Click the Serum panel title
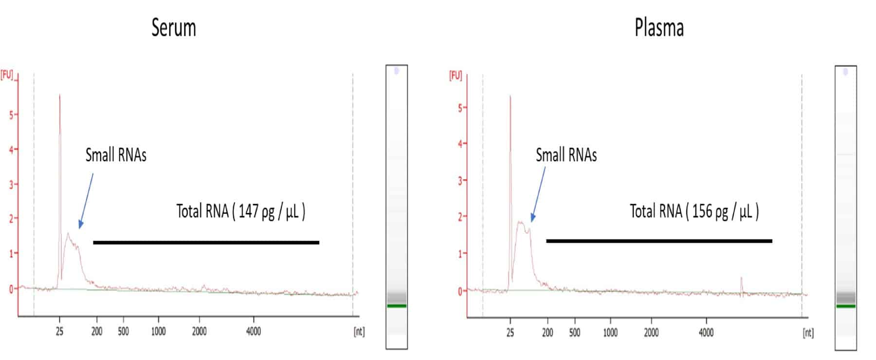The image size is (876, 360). coord(174,28)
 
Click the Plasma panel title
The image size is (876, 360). coord(659,28)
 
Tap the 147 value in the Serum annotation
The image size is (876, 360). coord(248,211)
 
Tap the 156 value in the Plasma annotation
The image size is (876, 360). coord(702,211)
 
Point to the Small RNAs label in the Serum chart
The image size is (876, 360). coord(116,155)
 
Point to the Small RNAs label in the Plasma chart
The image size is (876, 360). coord(566,155)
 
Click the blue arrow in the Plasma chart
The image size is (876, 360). coord(538,195)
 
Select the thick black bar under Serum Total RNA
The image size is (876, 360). coord(206,242)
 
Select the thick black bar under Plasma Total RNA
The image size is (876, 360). coord(659,241)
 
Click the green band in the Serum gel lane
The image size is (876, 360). coord(397,306)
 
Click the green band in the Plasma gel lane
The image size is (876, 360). coord(845,306)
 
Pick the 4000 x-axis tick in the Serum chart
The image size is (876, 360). coord(253,332)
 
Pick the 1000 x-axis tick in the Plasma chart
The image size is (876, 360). coord(610,333)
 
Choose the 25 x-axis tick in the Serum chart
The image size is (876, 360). coord(59,332)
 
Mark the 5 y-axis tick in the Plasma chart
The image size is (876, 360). coord(460,108)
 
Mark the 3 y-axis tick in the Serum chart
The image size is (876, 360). coord(11,185)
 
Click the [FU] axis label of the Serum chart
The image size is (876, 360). coord(7,75)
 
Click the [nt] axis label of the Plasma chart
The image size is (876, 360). coord(807,333)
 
